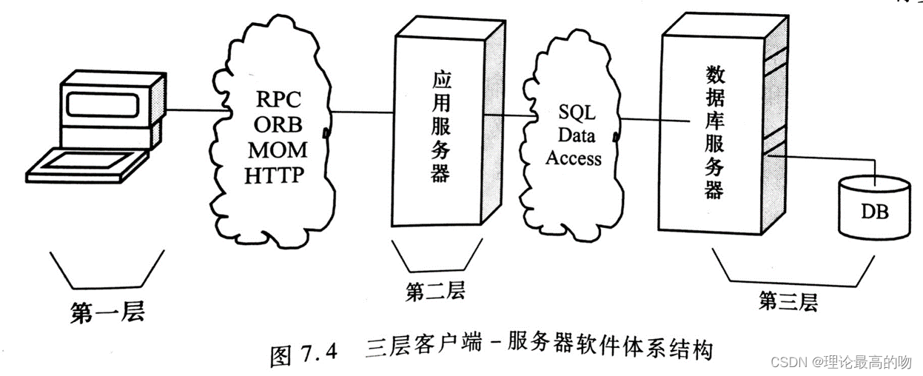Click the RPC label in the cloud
pyautogui.click(x=275, y=98)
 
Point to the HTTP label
pyautogui.click(x=275, y=175)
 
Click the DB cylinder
pyautogui.click(x=873, y=209)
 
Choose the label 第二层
pyautogui.click(x=435, y=291)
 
